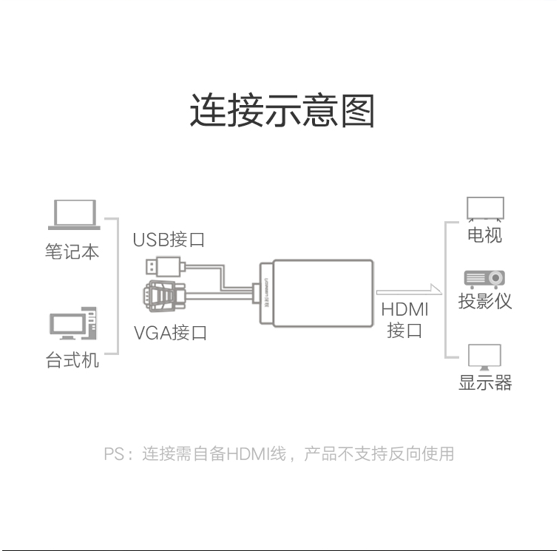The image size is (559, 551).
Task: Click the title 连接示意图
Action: click(282, 110)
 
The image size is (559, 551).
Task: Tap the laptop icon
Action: click(74, 214)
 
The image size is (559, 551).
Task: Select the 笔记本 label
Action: click(72, 251)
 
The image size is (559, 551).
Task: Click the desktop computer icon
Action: click(73, 323)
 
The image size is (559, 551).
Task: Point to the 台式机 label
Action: click(72, 360)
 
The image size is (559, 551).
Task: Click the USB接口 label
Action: click(169, 240)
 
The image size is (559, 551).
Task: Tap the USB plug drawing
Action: click(166, 266)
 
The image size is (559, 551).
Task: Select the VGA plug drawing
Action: click(164, 296)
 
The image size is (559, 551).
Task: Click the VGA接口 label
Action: click(170, 333)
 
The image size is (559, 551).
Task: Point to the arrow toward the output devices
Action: click(410, 291)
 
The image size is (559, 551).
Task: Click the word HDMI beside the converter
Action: click(404, 310)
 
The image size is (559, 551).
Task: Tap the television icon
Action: click(485, 209)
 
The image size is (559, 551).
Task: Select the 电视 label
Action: click(485, 235)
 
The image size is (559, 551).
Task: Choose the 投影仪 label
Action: click(485, 301)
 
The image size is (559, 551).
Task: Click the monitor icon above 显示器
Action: click(484, 357)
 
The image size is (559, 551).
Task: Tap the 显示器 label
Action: click(485, 382)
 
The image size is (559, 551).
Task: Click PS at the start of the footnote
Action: click(114, 454)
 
